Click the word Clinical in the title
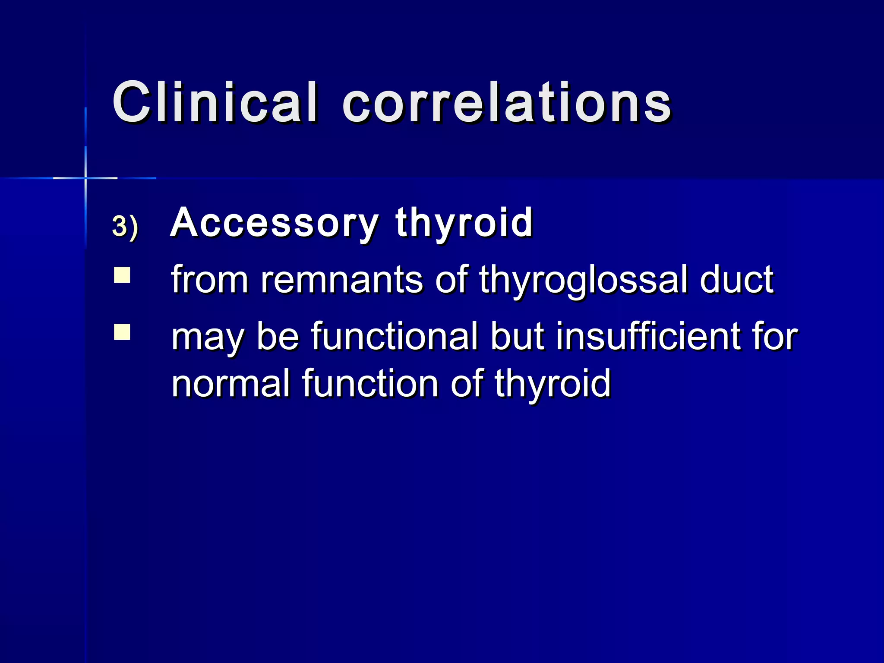(x=215, y=102)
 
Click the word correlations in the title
(x=507, y=102)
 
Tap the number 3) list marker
(x=125, y=226)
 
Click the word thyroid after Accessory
(x=464, y=222)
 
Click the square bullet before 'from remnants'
(x=122, y=275)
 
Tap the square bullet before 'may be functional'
(x=122, y=333)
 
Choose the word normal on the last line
(x=230, y=384)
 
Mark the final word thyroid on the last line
(x=553, y=384)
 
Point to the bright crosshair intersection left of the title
(x=85, y=178)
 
